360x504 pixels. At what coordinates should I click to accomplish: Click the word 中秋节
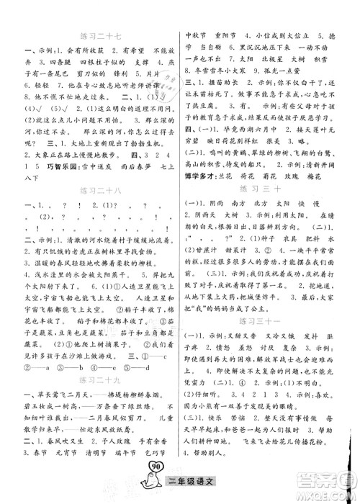(x=198, y=35)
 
